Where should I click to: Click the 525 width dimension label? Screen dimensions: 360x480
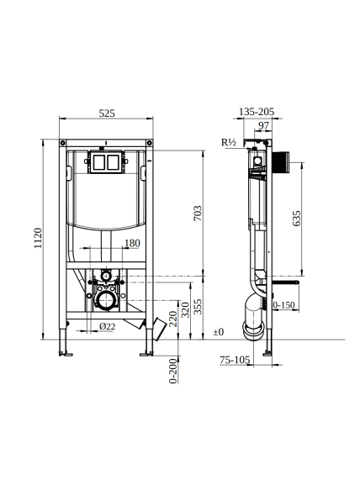point(107,113)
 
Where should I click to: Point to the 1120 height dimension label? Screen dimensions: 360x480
point(38,238)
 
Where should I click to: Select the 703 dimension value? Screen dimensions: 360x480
point(198,213)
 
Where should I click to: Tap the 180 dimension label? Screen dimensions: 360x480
point(132,243)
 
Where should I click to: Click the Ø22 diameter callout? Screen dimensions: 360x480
point(107,326)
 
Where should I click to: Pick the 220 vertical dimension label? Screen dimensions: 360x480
point(173,319)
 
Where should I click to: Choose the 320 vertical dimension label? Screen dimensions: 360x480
point(186,309)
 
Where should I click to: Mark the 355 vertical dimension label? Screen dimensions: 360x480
point(199,307)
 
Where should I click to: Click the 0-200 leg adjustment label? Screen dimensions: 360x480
point(173,371)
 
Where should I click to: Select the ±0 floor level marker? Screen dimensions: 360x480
point(219,332)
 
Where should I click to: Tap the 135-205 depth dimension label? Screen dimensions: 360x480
point(257,112)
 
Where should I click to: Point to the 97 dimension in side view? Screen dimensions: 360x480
point(263,125)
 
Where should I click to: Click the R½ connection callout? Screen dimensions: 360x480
point(229,142)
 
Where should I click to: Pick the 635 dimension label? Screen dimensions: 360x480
point(297,219)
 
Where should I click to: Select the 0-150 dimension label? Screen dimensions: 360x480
point(283,305)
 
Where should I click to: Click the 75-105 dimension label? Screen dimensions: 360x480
point(235,360)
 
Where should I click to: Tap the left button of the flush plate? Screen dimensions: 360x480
point(98,162)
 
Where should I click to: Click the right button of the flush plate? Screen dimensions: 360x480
point(113,162)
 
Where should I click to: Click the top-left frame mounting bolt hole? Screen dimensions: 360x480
point(63,143)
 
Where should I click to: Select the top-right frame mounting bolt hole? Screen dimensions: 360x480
point(149,143)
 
